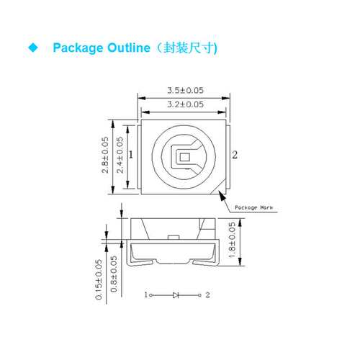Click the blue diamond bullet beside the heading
pos(33,48)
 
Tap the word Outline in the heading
pos(129,48)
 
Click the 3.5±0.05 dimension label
pos(185,91)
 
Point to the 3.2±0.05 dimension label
pos(185,104)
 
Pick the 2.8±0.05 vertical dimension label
pos(105,155)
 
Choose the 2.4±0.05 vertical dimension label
pos(120,155)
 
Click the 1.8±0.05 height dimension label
pos(232,240)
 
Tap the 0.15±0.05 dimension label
pos(99,279)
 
